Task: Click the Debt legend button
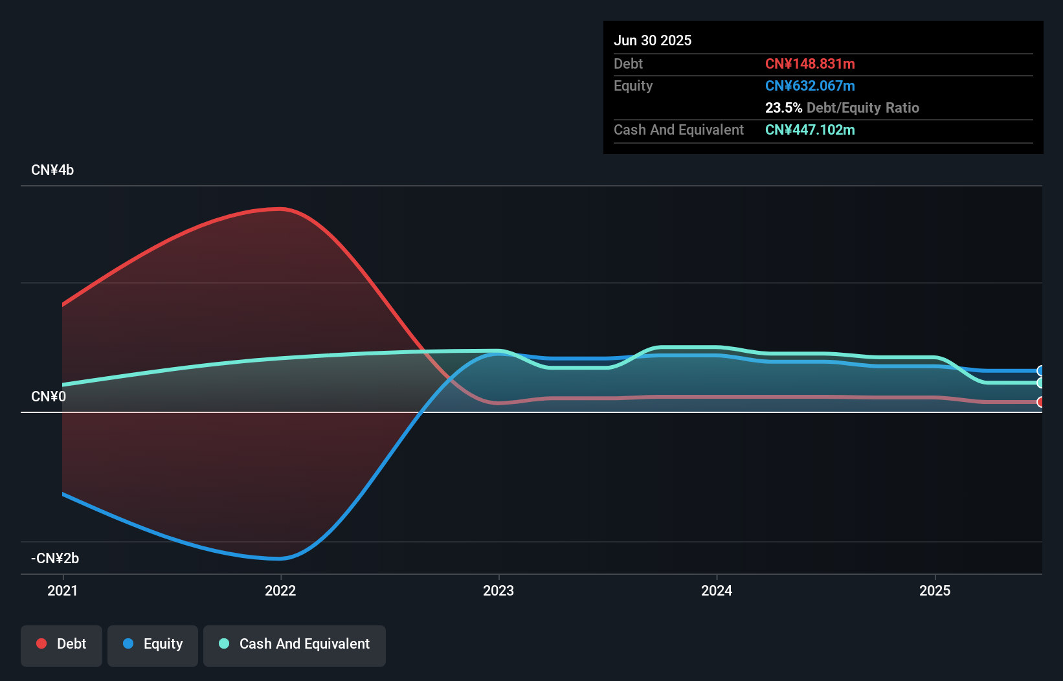tap(61, 645)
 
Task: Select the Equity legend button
tap(153, 645)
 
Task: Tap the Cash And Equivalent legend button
tap(295, 645)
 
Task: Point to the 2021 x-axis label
tap(63, 591)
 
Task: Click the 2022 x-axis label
tap(280, 591)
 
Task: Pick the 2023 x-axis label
tap(498, 591)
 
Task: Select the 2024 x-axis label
tap(717, 591)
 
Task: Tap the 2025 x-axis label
tap(935, 591)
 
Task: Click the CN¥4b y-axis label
tap(52, 170)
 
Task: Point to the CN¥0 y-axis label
tap(49, 397)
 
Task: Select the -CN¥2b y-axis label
tap(55, 559)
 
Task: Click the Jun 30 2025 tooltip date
tap(653, 41)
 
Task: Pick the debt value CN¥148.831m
tap(810, 64)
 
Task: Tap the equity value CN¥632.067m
tap(810, 86)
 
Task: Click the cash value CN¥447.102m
tap(810, 130)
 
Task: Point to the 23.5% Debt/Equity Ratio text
tap(842, 108)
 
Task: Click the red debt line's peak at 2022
tap(280, 209)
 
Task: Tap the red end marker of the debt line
tap(1040, 402)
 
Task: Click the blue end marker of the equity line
tap(1040, 371)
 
